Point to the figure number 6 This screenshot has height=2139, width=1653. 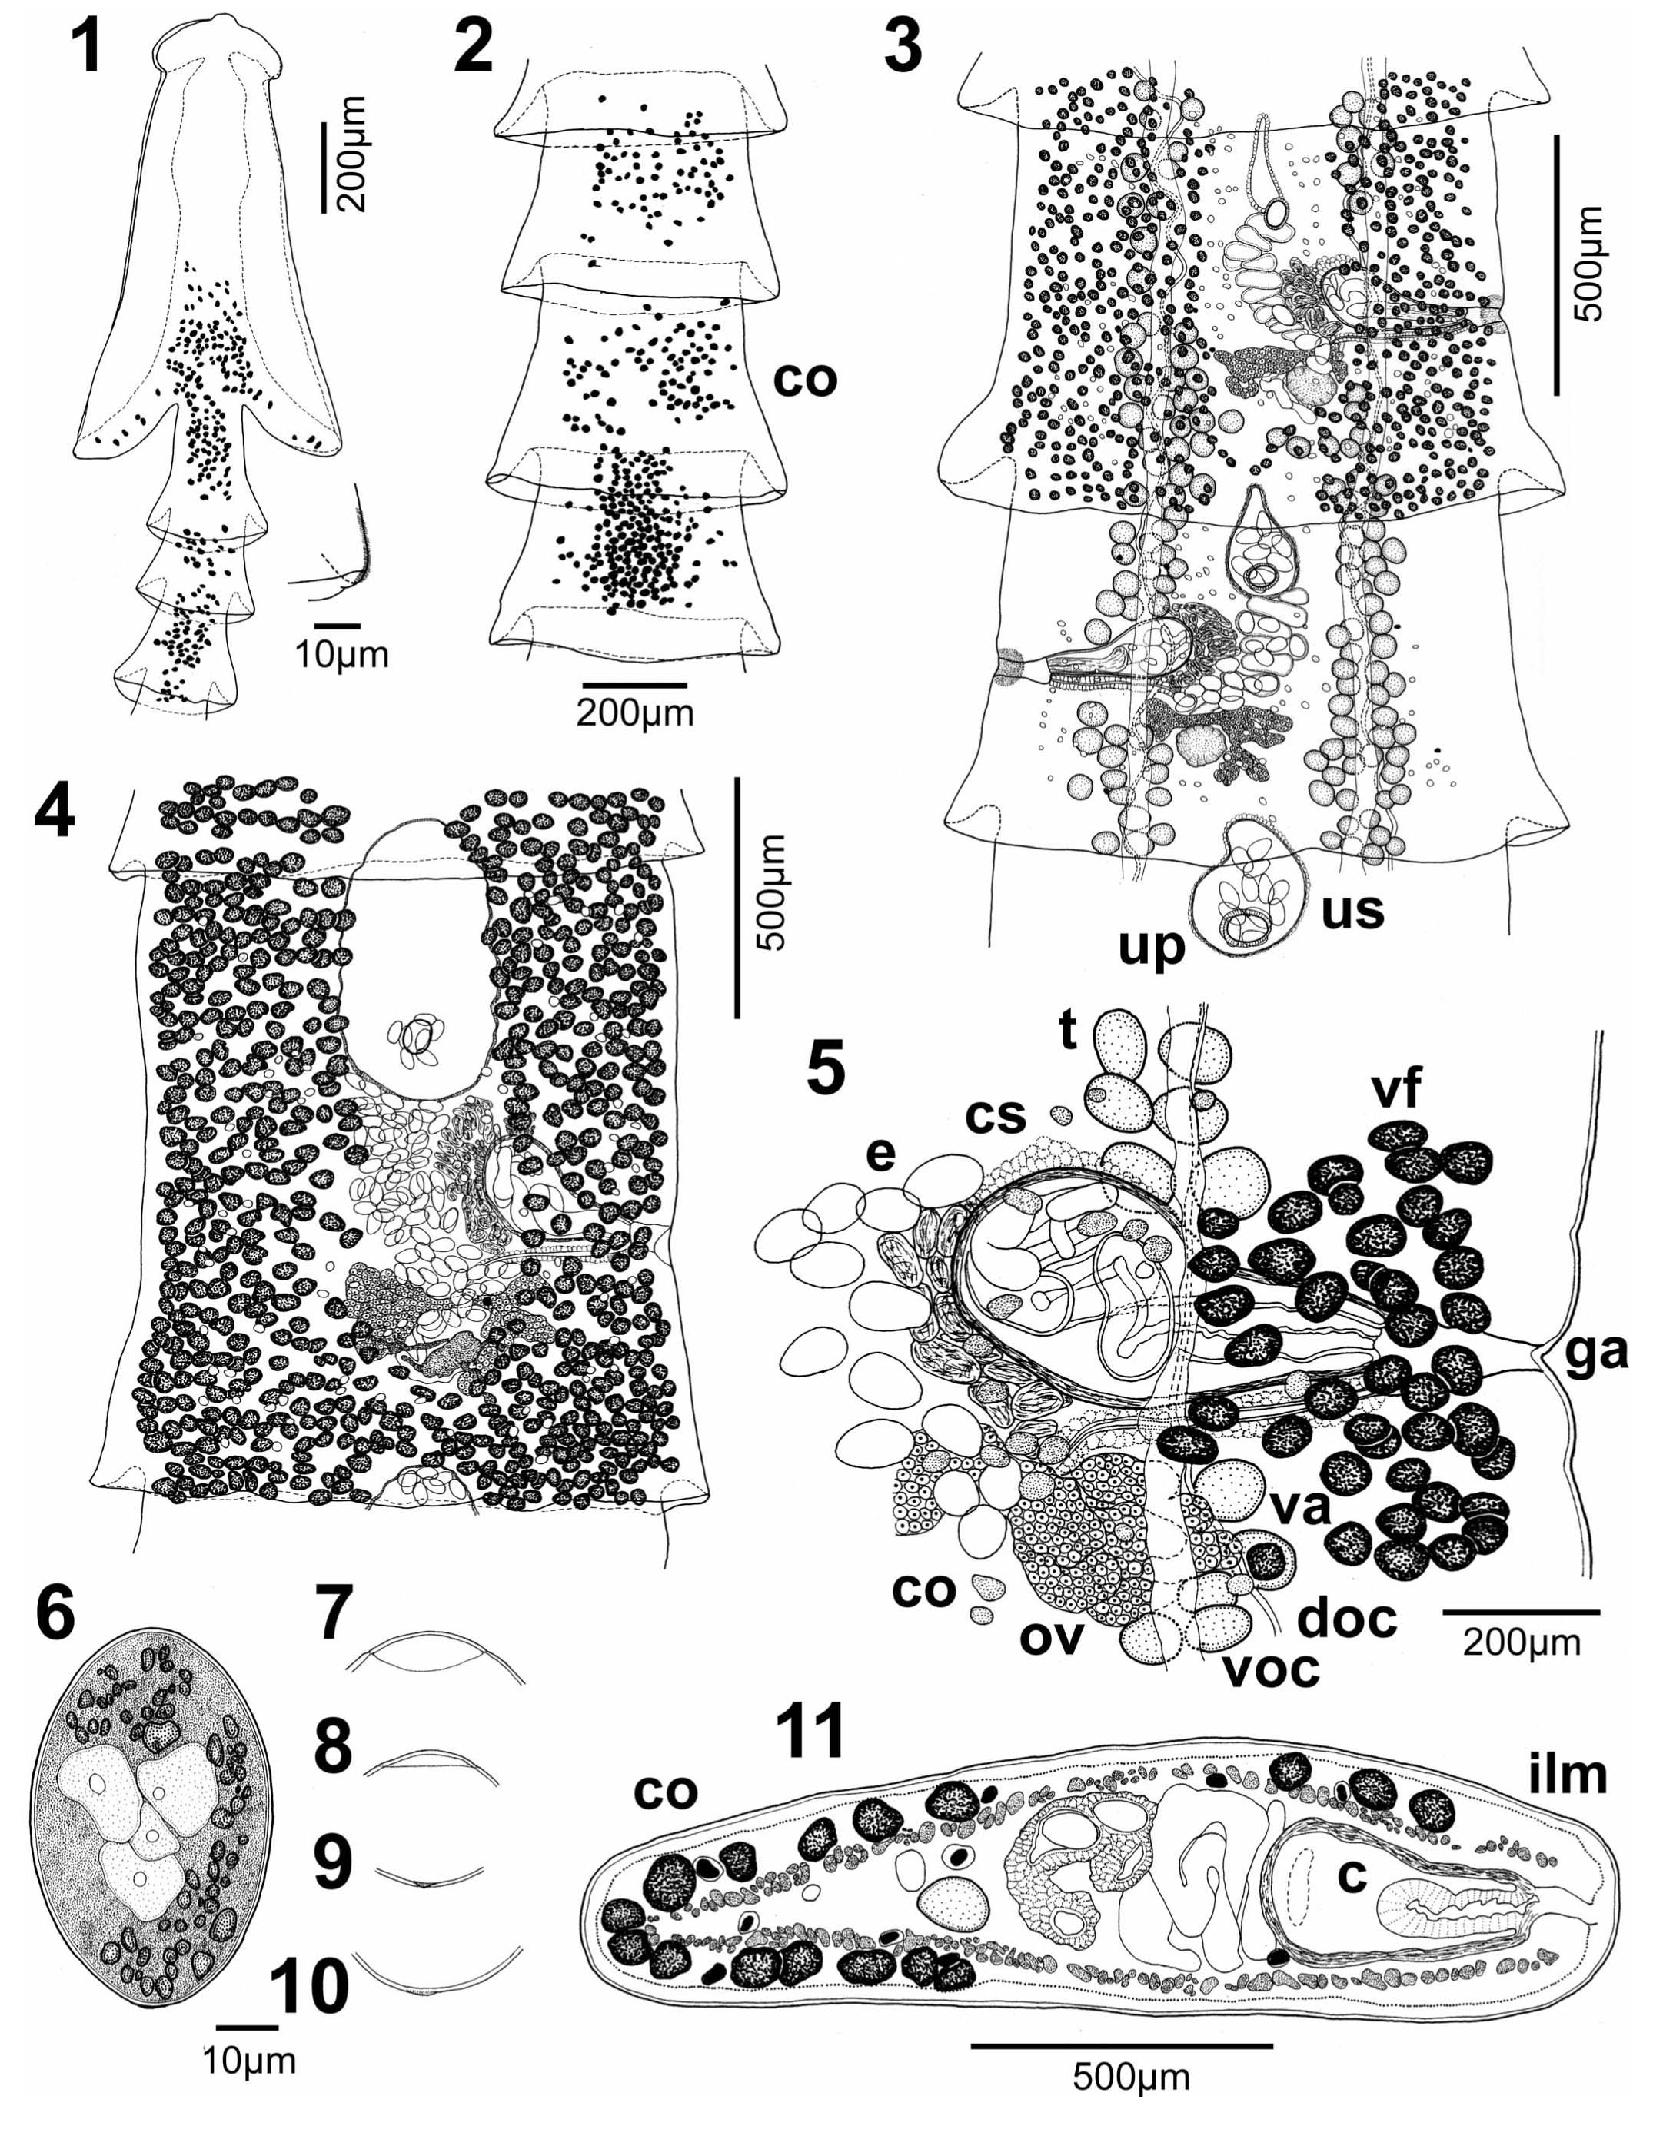(54, 1614)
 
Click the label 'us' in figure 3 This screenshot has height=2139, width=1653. (1352, 910)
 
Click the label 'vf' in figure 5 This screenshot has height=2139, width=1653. (1395, 1091)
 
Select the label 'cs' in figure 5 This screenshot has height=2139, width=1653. (996, 1114)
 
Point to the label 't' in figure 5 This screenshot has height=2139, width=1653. (1068, 1031)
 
